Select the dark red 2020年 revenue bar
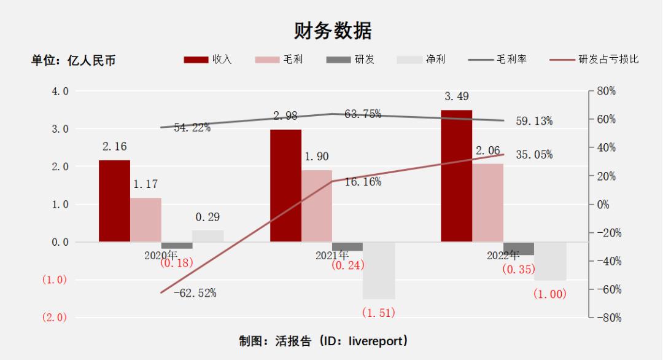[114, 201]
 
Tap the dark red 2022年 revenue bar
[456, 176]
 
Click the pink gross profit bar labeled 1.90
[317, 206]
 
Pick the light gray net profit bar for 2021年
[378, 270]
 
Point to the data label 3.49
[457, 96]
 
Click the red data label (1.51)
[378, 313]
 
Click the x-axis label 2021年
[332, 254]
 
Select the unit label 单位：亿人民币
[74, 60]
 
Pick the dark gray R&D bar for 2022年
[518, 248]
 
